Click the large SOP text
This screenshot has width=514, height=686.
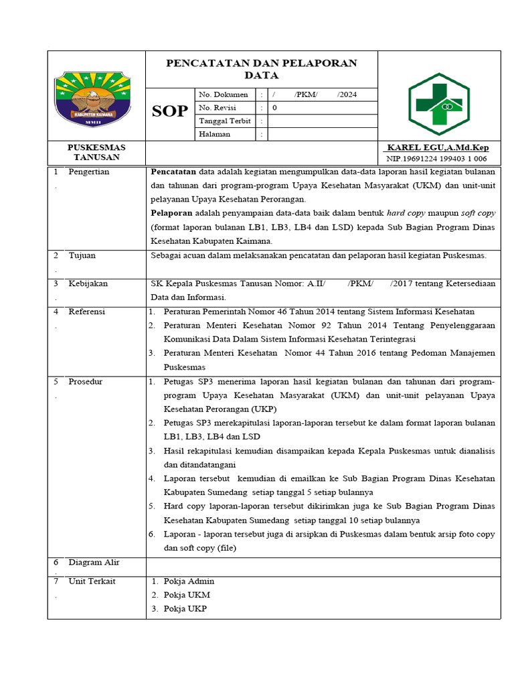pos(169,111)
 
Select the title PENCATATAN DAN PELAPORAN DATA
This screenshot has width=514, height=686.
pos(261,69)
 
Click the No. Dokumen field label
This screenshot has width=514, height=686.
pos(224,94)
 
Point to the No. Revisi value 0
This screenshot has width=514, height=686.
pos(274,108)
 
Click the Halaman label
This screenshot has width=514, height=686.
pos(215,134)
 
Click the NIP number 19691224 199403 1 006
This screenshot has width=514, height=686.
pos(436,159)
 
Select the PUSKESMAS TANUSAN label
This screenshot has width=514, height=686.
pos(96,152)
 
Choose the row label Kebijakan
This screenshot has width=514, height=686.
pos(88,283)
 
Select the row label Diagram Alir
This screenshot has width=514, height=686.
pos(94,562)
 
